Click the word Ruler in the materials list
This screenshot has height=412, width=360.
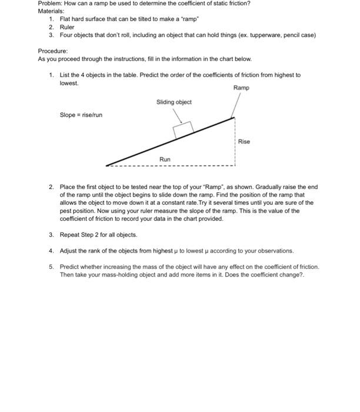67,27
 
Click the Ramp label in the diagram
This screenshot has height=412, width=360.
241,88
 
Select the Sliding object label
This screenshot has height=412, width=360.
174,102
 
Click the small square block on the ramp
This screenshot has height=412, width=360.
184,129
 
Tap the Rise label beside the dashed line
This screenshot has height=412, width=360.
244,141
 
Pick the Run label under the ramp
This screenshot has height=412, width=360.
165,160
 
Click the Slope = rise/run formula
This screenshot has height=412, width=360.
81,115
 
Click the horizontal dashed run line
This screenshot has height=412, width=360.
176,165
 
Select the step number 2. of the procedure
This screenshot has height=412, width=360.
52,187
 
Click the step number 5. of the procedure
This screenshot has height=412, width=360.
52,267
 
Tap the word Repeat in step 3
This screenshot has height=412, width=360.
69,234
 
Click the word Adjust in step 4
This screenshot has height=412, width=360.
69,251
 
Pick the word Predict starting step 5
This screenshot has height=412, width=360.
69,267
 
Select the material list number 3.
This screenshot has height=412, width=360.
52,35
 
